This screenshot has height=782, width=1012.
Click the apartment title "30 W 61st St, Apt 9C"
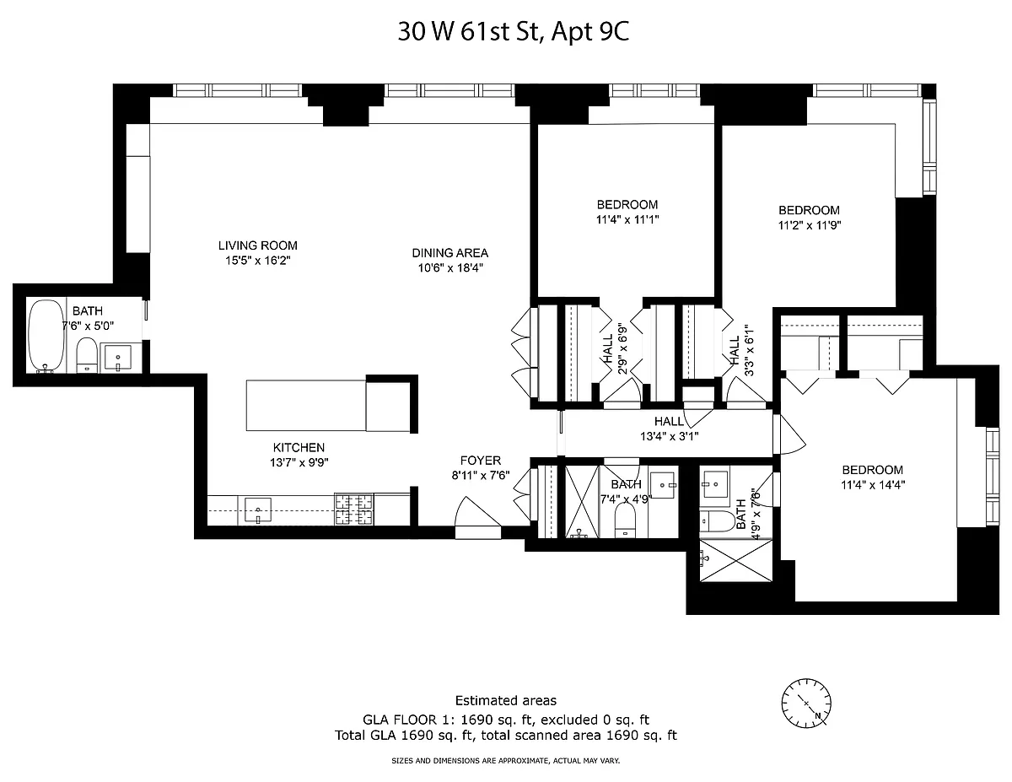(x=514, y=32)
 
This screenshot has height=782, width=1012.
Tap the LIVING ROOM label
(x=257, y=245)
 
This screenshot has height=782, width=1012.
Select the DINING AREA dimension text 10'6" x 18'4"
(x=450, y=267)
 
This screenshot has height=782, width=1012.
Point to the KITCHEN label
(x=299, y=448)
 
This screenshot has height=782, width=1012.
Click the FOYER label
(x=481, y=461)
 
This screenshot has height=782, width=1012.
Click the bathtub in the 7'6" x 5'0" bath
(x=46, y=337)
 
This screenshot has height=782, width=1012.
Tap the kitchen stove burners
(x=353, y=509)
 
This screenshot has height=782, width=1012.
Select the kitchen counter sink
(x=257, y=510)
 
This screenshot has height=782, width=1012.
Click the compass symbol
(x=806, y=704)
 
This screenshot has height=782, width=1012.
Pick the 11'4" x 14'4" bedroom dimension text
(x=873, y=485)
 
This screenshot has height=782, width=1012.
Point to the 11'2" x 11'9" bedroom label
(x=809, y=210)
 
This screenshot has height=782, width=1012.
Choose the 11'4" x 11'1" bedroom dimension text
(x=627, y=219)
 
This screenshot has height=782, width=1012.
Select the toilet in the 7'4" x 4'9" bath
(x=626, y=520)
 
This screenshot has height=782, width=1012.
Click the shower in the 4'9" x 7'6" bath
(x=736, y=560)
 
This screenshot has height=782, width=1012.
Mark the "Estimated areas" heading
(x=506, y=700)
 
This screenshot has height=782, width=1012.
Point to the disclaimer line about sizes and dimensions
(x=506, y=761)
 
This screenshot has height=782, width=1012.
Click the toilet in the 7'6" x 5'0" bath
(x=86, y=355)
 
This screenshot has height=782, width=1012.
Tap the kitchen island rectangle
(x=306, y=405)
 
